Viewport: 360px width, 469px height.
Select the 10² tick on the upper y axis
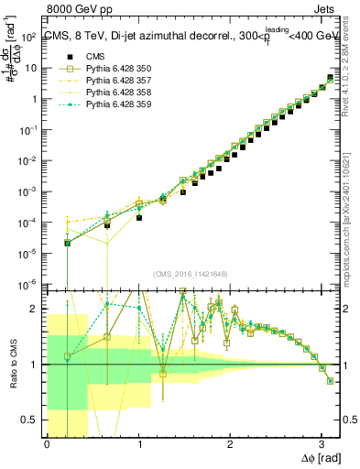(31, 37)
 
